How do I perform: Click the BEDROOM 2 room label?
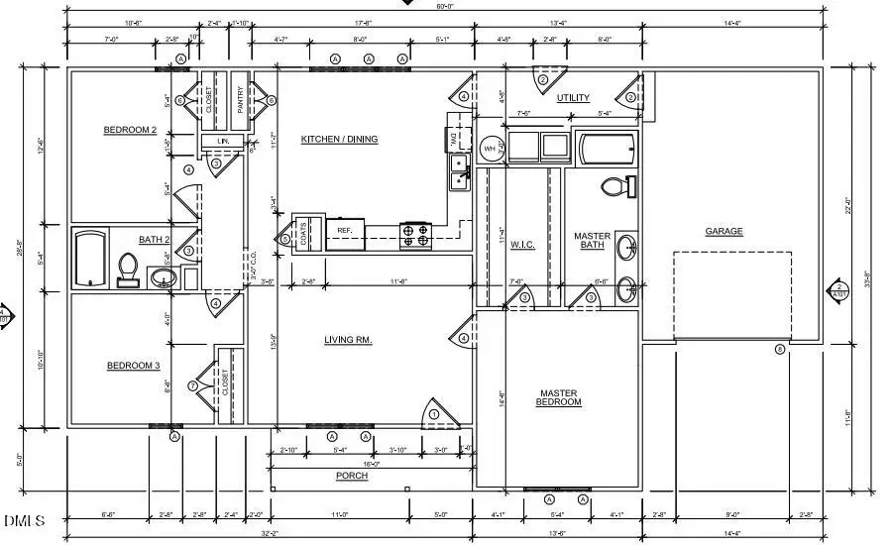(130, 130)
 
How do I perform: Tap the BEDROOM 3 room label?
(133, 366)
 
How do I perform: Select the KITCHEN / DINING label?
(339, 139)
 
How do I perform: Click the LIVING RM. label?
(348, 340)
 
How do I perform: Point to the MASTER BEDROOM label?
(558, 397)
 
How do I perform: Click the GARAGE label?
(723, 231)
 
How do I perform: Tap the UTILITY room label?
(573, 97)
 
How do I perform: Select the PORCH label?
(352, 476)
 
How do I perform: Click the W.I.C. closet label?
(522, 245)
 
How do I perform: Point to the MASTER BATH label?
(593, 242)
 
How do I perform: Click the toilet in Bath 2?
(128, 269)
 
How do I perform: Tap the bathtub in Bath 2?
(90, 258)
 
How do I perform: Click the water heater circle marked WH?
(490, 150)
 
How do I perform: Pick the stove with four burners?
(415, 235)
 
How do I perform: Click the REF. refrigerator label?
(345, 230)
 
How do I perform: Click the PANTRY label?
(240, 98)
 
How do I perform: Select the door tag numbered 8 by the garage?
(780, 349)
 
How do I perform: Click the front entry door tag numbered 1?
(433, 412)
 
